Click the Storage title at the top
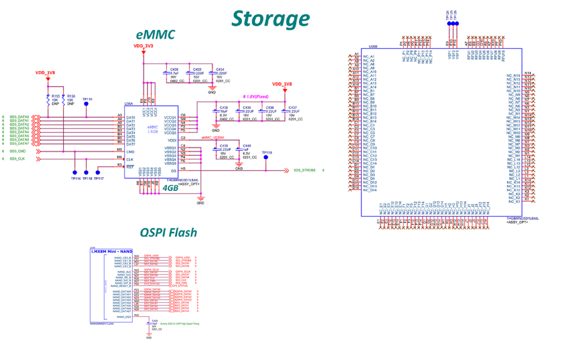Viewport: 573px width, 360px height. click(270, 19)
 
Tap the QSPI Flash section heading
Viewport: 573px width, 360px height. click(168, 232)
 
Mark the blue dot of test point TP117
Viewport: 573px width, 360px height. click(99, 171)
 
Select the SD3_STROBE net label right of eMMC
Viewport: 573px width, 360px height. click(305, 170)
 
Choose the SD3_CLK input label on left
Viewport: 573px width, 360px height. click(17, 158)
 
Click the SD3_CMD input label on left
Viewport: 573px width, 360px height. click(17, 151)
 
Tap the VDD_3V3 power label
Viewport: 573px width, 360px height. click(143, 45)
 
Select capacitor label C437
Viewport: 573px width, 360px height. click(293, 108)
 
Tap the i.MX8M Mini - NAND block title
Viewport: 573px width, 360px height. click(111, 251)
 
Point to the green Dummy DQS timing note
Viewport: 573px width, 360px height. click(184, 324)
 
